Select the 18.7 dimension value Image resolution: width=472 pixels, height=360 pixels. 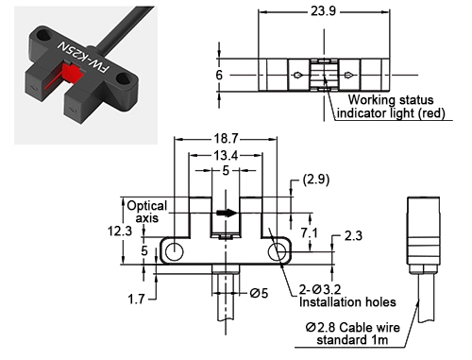coord(225,137)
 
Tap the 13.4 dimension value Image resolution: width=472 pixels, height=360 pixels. coord(225,154)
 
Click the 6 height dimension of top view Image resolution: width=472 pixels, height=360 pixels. coord(220,74)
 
